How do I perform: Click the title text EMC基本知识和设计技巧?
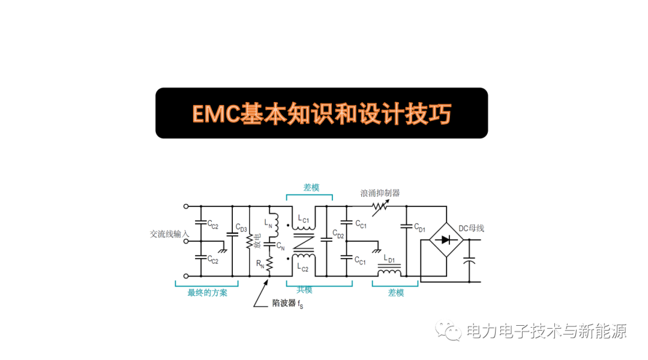click(x=322, y=113)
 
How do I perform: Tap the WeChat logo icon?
click(x=448, y=331)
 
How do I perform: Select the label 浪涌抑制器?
click(x=380, y=193)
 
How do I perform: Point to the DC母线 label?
click(x=471, y=228)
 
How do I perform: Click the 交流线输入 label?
click(x=169, y=234)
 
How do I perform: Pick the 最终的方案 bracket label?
click(x=208, y=293)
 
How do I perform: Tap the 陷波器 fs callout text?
click(x=287, y=304)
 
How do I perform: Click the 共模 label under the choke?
click(x=304, y=290)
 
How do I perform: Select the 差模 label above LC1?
click(x=311, y=188)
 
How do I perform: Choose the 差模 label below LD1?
click(x=396, y=293)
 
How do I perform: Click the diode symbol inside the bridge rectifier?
click(x=445, y=240)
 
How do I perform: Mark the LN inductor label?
click(x=268, y=223)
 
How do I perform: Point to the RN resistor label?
click(x=260, y=263)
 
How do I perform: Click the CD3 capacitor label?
click(x=241, y=227)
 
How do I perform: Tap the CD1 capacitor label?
click(x=419, y=227)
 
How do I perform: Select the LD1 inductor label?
click(x=389, y=259)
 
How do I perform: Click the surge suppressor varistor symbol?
click(x=380, y=208)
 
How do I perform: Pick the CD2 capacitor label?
click(x=338, y=235)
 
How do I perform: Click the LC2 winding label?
click(x=303, y=267)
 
